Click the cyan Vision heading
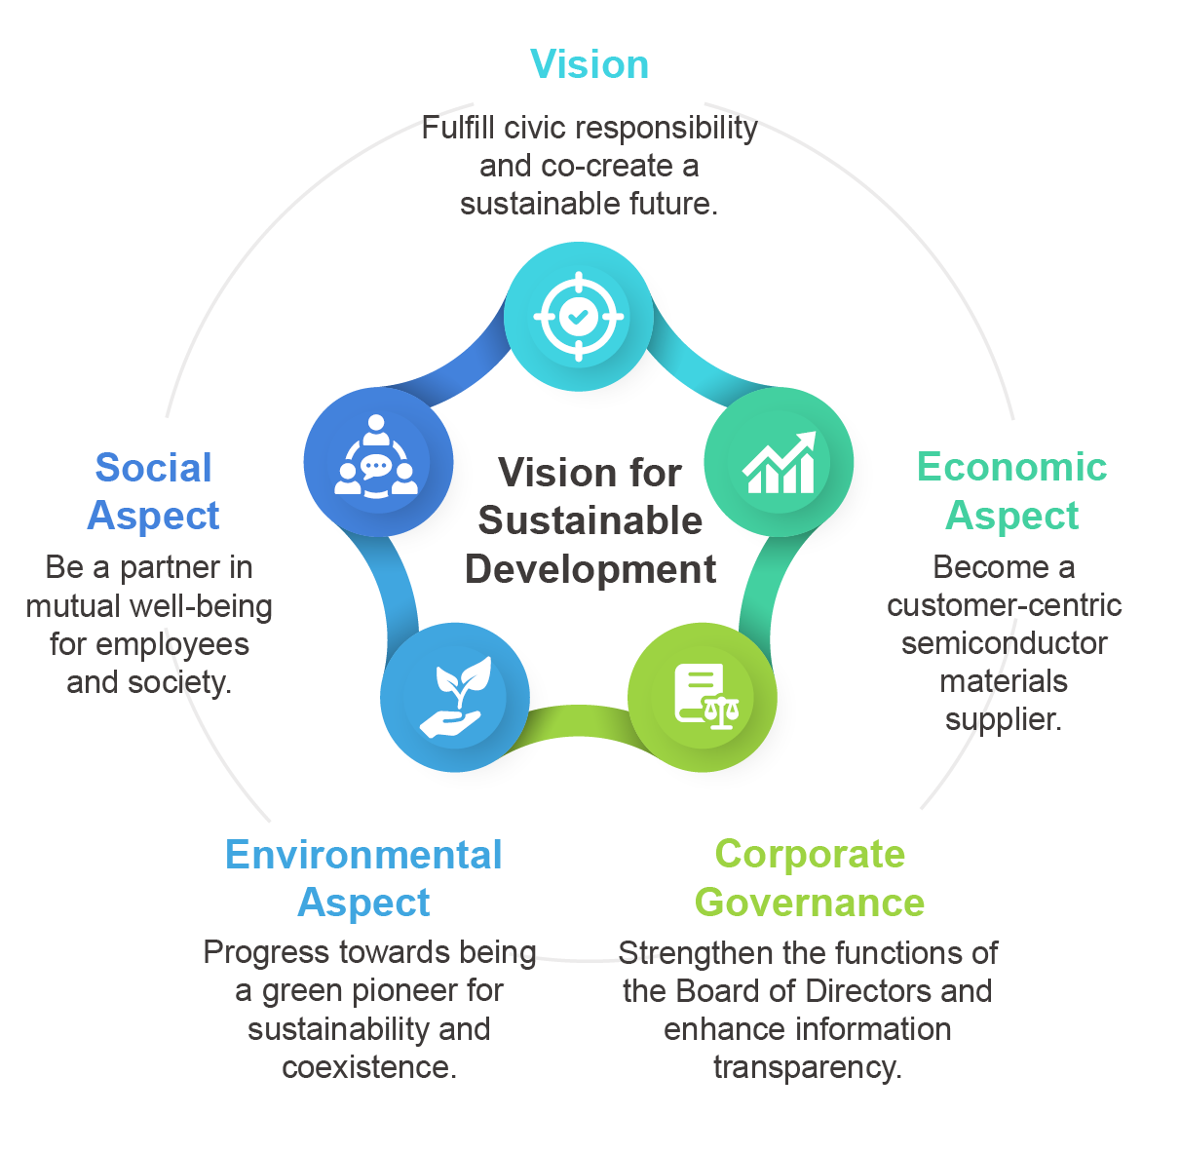point(590,64)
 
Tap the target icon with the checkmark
point(578,316)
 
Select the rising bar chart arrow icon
point(779,462)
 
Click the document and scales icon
point(704,697)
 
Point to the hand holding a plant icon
point(454,697)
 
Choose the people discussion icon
point(377,462)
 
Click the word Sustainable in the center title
point(590,520)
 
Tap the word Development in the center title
point(590,569)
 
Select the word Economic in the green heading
point(1011,467)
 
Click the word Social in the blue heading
point(153,468)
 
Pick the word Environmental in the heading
point(363,855)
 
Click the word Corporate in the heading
point(810,855)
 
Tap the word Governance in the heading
point(810,903)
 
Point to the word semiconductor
point(1004,643)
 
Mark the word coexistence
point(368,1067)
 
